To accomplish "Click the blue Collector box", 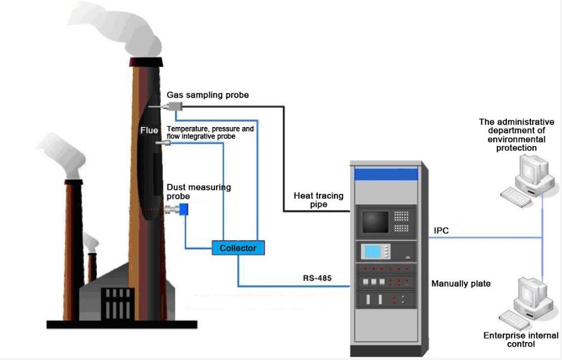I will [238, 247].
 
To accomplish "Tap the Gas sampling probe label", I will [208, 96].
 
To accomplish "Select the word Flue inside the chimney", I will [149, 130].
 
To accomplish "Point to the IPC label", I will [441, 231].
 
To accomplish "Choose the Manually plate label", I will [461, 283].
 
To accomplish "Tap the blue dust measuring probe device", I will [184, 209].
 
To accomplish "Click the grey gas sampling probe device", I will [175, 106].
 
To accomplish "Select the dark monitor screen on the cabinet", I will [375, 221].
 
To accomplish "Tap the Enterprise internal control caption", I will [521, 340].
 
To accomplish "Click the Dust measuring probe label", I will [199, 192].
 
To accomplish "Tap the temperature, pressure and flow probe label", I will [210, 132].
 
